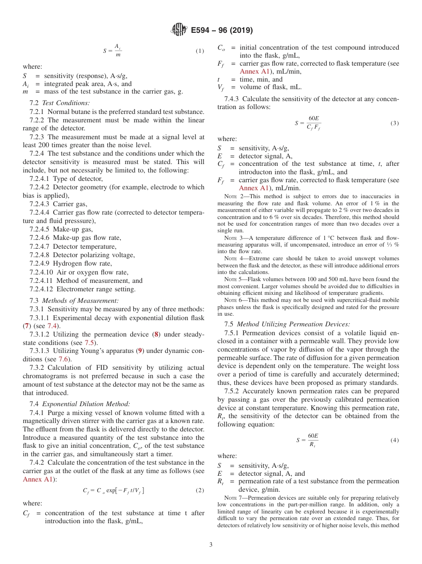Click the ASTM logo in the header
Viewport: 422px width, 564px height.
pyautogui.click(x=179, y=30)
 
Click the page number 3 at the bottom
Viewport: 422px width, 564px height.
pyautogui.click(x=211, y=544)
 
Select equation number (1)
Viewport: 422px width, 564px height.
pyautogui.click(x=200, y=51)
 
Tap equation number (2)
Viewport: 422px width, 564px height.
pyautogui.click(x=200, y=490)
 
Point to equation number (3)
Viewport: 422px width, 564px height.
pyautogui.click(x=394, y=123)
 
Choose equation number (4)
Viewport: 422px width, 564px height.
pyautogui.click(x=394, y=440)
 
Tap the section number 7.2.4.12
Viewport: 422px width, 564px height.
pyautogui.click(x=43, y=289)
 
